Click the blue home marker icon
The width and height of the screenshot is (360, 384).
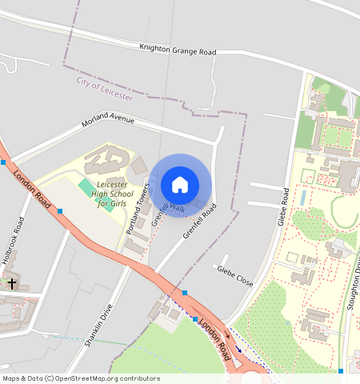pos(180,186)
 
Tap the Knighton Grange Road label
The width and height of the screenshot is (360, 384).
pos(178,50)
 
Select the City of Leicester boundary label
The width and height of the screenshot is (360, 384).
pos(105,87)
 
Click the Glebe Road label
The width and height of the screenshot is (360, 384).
pos(282,206)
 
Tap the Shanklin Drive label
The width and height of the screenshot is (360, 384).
pos(98,326)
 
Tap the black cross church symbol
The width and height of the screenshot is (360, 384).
pos(11,282)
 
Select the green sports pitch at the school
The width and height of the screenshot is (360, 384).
pos(86,188)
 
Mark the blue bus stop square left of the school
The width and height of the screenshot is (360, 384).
pos(60,211)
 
